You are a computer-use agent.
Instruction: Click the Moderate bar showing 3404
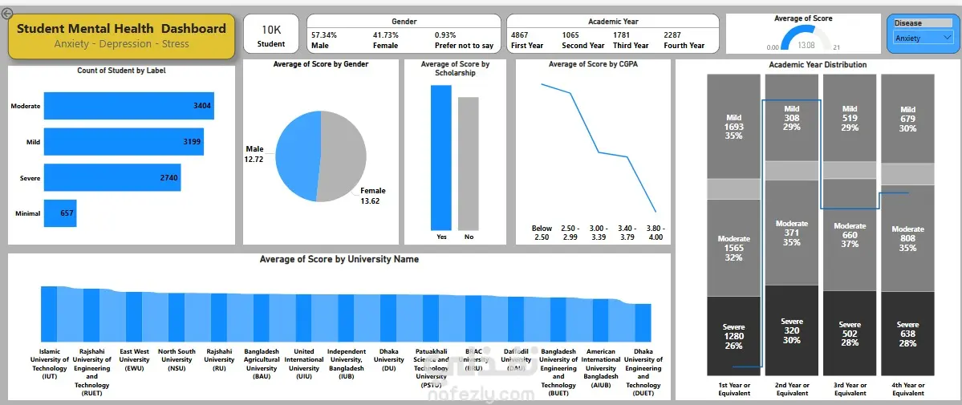[x=128, y=106]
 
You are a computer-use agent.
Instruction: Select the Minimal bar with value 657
[x=60, y=213]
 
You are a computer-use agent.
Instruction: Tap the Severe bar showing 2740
[x=112, y=177]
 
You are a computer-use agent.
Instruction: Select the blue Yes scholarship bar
[x=441, y=156]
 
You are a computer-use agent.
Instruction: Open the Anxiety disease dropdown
[x=923, y=38]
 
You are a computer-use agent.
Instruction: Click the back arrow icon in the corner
[x=8, y=13]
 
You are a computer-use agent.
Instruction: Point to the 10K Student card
[x=271, y=35]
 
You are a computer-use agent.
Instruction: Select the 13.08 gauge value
[x=806, y=46]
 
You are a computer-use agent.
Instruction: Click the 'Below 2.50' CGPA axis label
[x=542, y=233]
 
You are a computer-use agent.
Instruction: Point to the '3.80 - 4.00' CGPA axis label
[x=656, y=233]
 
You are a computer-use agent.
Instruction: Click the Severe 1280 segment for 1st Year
[x=733, y=335]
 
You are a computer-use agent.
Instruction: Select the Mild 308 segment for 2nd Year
[x=792, y=118]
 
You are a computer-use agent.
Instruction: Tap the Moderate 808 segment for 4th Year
[x=907, y=238]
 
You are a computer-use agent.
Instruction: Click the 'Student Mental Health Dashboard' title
[x=121, y=29]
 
